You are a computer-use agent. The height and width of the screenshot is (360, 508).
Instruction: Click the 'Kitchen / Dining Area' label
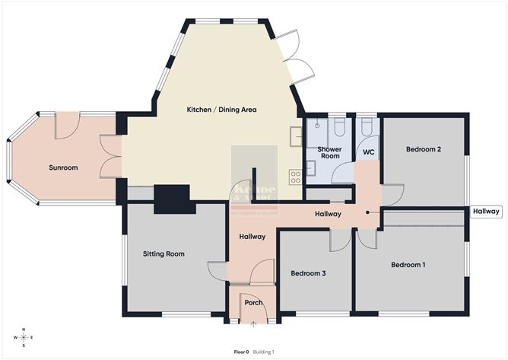pos(221,110)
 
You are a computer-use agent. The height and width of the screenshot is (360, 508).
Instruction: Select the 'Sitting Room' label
pos(164,253)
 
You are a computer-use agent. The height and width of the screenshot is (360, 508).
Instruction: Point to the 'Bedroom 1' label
pos(408,265)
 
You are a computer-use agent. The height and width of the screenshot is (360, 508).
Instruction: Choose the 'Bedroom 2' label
pos(424,149)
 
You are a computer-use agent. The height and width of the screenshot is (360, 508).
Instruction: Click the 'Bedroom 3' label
pos(309,272)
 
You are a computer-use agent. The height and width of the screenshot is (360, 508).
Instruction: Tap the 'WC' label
pos(369,152)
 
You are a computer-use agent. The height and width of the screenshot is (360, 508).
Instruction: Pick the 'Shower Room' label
pos(329,152)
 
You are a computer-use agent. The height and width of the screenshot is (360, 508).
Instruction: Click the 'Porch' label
pos(252,302)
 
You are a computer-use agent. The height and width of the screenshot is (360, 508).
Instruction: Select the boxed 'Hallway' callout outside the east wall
pos(485,212)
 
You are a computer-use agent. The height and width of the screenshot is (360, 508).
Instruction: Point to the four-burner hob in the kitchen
pos(295,177)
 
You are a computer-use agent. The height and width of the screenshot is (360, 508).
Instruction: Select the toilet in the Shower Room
pos(339,126)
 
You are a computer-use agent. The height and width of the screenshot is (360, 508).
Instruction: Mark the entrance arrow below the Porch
pos(253,323)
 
